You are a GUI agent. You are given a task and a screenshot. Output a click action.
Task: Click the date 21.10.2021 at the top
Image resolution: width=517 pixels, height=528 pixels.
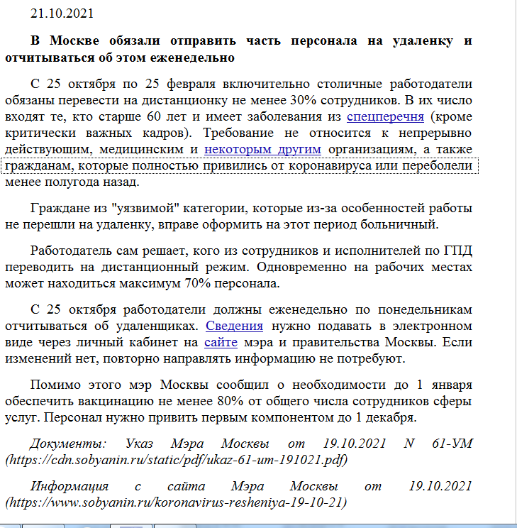pos(62,13)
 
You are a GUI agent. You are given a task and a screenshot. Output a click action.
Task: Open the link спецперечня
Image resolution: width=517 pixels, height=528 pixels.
pos(386,115)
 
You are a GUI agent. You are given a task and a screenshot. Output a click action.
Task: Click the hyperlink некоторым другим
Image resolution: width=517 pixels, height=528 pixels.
pos(262,149)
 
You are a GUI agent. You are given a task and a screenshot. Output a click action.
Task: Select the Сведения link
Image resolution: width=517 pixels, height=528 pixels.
pos(234,326)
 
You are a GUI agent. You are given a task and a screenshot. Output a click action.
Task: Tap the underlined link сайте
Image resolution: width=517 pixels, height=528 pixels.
pos(216,342)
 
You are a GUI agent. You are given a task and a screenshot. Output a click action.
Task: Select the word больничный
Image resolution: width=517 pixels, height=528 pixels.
pos(396,225)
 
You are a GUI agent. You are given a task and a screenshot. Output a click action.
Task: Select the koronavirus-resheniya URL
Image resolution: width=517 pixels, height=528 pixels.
pos(175,502)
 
